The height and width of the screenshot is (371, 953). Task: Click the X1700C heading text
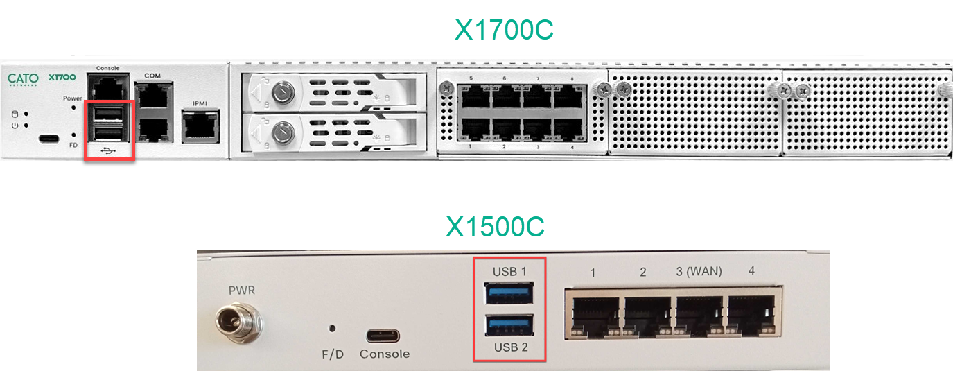[x=504, y=30]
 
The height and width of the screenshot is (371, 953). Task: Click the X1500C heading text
[x=496, y=226]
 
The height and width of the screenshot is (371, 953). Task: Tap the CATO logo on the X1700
[x=23, y=79]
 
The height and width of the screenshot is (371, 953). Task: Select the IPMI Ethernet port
[x=200, y=126]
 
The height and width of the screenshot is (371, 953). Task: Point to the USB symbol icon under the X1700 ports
[x=109, y=150]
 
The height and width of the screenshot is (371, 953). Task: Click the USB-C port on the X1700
[x=49, y=139]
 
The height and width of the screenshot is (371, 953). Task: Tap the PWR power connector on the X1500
[x=238, y=322]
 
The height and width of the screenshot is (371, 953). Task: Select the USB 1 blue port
[x=509, y=293]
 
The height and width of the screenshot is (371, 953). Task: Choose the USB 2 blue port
[x=509, y=325]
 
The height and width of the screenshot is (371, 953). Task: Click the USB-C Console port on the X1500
[x=383, y=336]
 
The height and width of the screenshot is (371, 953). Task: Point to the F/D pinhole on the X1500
[x=332, y=329]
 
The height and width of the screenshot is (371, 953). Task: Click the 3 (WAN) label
[x=699, y=271]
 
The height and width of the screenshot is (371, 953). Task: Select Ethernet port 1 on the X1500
[x=595, y=316]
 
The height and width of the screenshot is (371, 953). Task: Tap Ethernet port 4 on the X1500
[x=751, y=316]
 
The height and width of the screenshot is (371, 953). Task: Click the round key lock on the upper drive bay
[x=283, y=92]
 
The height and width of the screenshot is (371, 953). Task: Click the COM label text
[x=152, y=76]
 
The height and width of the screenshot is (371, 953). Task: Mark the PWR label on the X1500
[x=242, y=291]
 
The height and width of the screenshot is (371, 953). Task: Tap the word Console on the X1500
[x=385, y=354]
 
